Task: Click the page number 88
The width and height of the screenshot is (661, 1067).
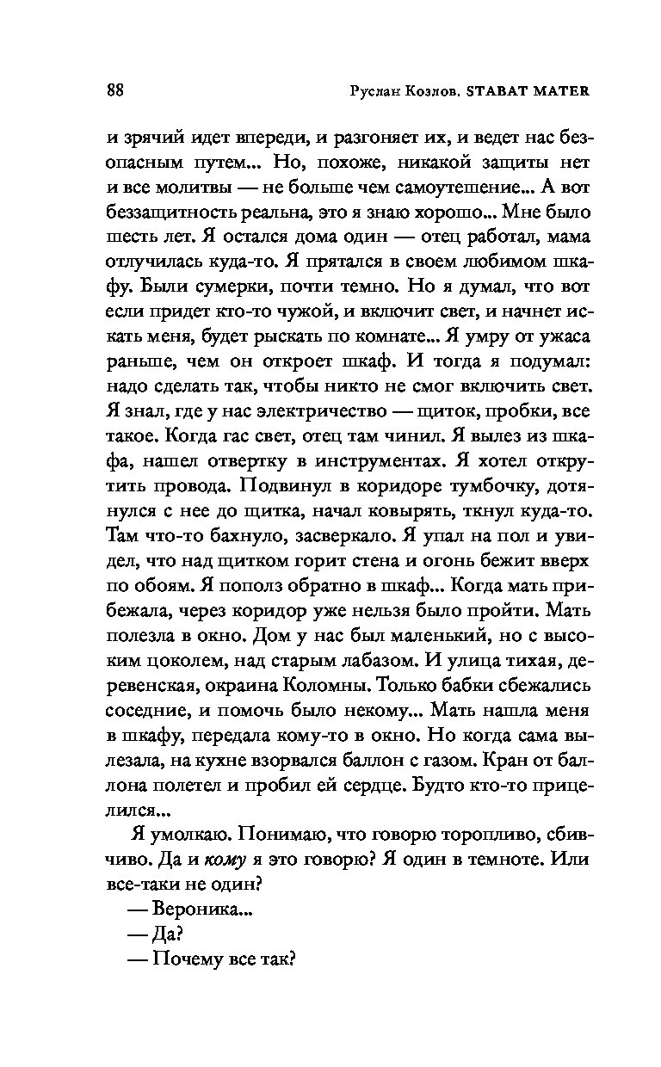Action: (116, 91)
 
